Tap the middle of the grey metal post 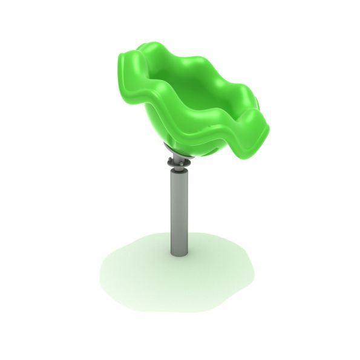(x=177, y=212)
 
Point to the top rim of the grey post (x=177, y=173)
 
